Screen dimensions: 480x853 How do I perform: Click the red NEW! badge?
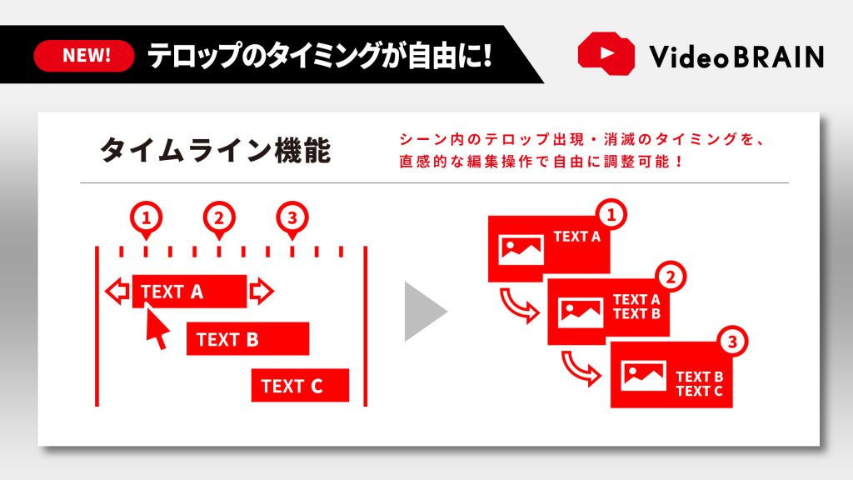(x=85, y=56)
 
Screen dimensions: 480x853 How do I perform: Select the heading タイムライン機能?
(x=214, y=151)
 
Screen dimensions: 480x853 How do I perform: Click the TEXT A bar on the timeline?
(x=189, y=291)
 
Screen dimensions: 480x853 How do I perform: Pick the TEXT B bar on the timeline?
(x=247, y=339)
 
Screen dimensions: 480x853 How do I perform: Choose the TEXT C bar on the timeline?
(x=300, y=386)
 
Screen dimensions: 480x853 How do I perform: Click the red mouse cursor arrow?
(x=157, y=328)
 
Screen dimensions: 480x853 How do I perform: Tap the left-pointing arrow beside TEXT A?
(x=117, y=291)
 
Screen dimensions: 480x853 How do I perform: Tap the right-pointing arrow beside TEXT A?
(x=262, y=291)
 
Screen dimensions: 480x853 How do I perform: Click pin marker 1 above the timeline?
(x=146, y=220)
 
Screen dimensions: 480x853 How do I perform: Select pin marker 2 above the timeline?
(x=218, y=220)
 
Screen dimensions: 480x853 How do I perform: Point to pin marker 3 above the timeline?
(x=291, y=220)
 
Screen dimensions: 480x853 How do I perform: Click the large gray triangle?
(x=424, y=311)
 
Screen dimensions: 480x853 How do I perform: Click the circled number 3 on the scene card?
(x=732, y=341)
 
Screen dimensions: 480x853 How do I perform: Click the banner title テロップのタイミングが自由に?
(x=320, y=56)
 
